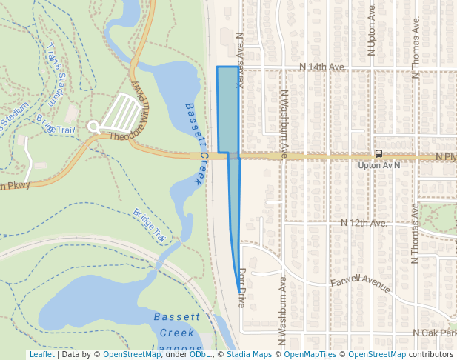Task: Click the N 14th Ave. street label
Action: (322, 67)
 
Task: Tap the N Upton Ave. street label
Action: (372, 33)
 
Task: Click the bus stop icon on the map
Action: (378, 153)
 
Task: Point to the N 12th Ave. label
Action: (364, 223)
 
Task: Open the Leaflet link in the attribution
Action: (41, 355)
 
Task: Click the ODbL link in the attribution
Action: (200, 355)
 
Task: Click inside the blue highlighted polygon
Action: (227, 111)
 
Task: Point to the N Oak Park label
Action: (435, 333)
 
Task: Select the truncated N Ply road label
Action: (445, 157)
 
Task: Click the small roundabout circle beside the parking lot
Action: (93, 127)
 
